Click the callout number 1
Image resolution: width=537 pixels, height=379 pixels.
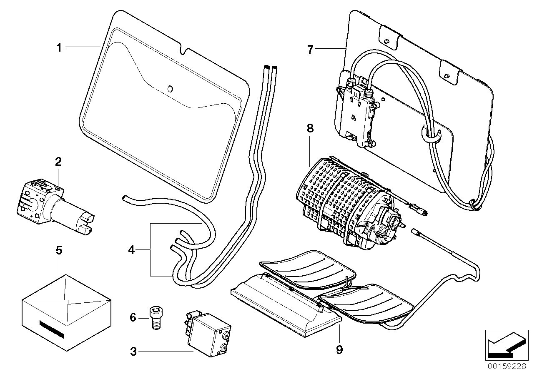[x=59, y=48]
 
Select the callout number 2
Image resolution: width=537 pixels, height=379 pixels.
[x=58, y=162]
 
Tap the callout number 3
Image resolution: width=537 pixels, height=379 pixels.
[x=133, y=352]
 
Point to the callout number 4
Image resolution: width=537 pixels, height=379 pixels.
[x=131, y=250]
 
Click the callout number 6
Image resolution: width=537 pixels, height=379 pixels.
[x=133, y=317]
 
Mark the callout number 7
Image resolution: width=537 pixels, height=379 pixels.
[x=310, y=50]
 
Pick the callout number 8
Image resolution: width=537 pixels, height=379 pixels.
[x=310, y=129]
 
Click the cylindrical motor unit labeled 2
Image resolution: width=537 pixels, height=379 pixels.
[x=55, y=204]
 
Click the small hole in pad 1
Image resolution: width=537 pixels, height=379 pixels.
[x=170, y=88]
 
